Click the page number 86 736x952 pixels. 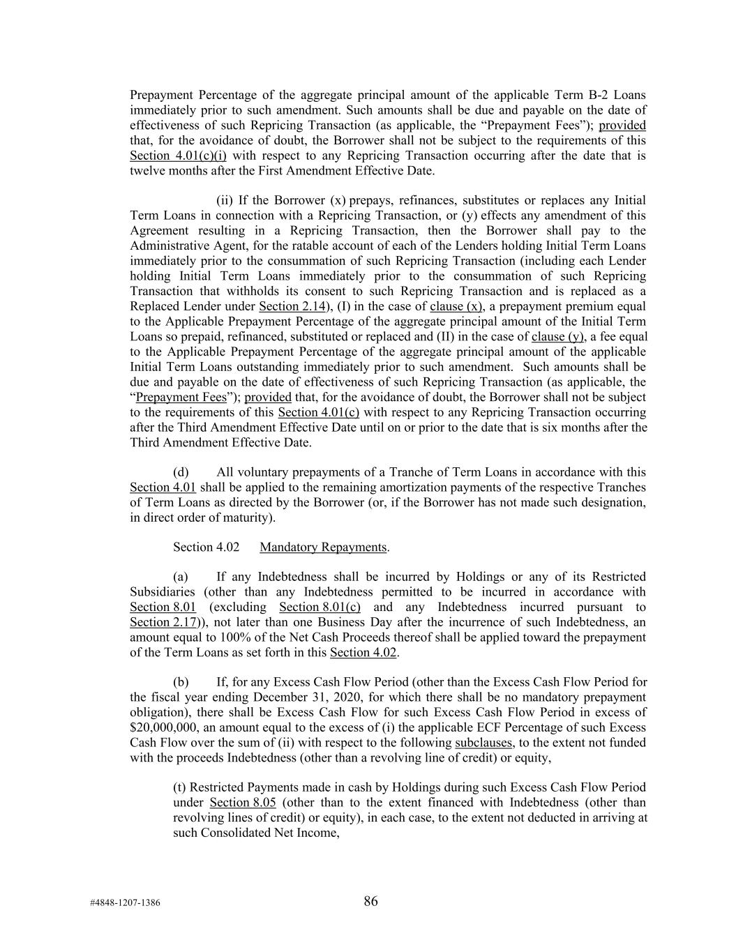370,901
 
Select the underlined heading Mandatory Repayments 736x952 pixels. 323,547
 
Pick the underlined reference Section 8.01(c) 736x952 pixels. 320,607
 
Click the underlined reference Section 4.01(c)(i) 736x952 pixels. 178,156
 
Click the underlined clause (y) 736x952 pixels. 557,337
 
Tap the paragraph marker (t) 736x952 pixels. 180,787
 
